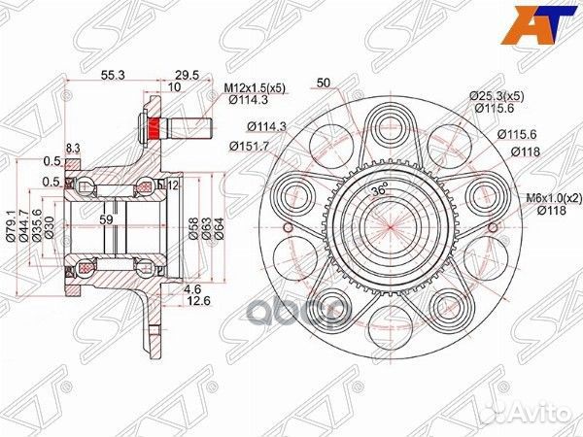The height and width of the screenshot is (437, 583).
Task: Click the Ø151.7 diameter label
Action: click(x=250, y=147)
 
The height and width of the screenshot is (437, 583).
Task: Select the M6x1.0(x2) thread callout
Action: click(x=550, y=198)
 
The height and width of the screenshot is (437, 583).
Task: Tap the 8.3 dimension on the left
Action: click(x=74, y=148)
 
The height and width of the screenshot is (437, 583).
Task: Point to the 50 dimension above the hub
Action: click(x=324, y=84)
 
